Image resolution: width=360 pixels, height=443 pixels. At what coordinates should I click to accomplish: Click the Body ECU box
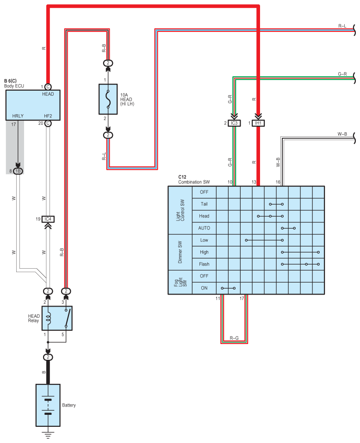[x=33, y=105]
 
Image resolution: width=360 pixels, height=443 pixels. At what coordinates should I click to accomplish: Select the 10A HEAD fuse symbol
[x=108, y=99]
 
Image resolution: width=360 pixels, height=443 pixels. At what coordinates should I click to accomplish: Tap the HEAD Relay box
[x=57, y=318]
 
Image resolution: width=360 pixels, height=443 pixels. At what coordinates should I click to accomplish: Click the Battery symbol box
[x=48, y=405]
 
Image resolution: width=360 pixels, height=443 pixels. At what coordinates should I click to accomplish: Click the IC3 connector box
[x=234, y=123]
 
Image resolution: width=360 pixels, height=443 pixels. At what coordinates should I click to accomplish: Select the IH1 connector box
[x=258, y=123]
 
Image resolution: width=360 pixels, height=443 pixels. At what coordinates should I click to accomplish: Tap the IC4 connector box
[x=48, y=219]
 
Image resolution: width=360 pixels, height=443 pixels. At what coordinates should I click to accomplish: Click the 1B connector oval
[x=18, y=171]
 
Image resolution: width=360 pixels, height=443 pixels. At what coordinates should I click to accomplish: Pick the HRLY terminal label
[x=18, y=116]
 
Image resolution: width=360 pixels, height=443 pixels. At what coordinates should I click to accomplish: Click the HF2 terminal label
[x=48, y=116]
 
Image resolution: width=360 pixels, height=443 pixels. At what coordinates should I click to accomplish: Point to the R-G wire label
[x=234, y=338]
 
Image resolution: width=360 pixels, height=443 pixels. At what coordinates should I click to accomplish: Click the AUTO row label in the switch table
[x=204, y=228]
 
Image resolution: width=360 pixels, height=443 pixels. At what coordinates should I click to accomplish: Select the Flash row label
[x=204, y=264]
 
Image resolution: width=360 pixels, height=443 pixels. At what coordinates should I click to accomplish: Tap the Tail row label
[x=204, y=204]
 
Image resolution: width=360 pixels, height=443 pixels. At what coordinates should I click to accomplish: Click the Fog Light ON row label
[x=204, y=288]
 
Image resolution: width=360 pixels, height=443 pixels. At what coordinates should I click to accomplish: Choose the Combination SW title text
[x=194, y=182]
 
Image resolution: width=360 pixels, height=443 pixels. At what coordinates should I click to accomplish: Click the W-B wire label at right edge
[x=342, y=134]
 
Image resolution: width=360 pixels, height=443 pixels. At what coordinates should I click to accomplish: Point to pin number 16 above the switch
[x=278, y=182]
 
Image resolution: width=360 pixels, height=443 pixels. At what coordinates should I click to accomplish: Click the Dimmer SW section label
[x=180, y=252]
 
